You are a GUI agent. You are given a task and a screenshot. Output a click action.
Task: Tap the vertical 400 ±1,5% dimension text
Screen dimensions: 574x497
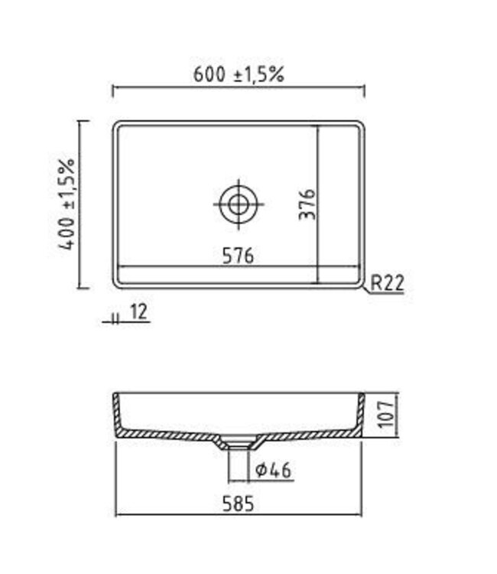click(68, 204)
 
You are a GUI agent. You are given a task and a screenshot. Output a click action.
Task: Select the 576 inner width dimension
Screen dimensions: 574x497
click(238, 256)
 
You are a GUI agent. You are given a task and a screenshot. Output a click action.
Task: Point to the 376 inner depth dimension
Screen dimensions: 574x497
click(307, 204)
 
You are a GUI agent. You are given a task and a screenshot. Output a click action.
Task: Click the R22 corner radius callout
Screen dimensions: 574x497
click(387, 283)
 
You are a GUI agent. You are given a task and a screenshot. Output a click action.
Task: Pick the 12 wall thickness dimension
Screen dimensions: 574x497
click(139, 311)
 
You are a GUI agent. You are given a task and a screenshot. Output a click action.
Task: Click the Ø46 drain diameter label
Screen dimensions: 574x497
click(273, 469)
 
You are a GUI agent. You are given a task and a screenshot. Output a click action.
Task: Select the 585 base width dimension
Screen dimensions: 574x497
click(238, 503)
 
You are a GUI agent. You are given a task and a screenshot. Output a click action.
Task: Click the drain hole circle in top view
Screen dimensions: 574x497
click(238, 204)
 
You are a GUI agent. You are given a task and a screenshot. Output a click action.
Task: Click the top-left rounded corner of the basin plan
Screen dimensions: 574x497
click(118, 126)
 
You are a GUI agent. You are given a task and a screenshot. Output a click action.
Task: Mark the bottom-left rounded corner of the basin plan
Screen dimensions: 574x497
click(118, 284)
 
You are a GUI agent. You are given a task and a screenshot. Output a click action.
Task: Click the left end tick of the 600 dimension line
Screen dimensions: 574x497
click(113, 91)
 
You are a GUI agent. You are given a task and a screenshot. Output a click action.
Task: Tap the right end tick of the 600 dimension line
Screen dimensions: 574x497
click(365, 91)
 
